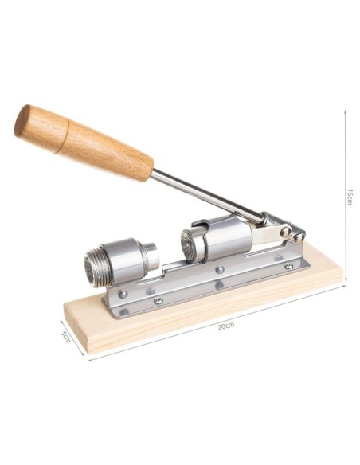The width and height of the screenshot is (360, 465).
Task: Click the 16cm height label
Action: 350,197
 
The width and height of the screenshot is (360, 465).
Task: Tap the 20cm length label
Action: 225,326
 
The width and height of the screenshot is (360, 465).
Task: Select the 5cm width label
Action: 65,337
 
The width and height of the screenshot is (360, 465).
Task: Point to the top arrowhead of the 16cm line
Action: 345,111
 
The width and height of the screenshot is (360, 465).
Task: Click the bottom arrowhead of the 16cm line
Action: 346,280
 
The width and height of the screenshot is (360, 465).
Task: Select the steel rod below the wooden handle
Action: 208,196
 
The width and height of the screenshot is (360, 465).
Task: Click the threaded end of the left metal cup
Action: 93,267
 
